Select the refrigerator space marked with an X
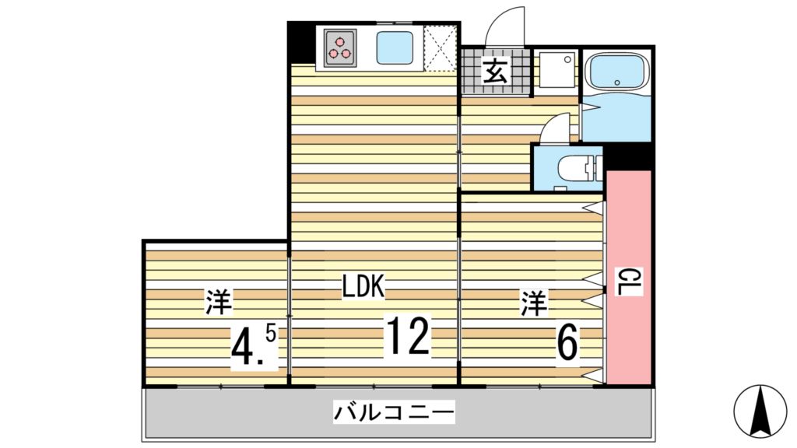click(440, 48)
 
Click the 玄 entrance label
click(495, 72)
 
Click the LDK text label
click(363, 287)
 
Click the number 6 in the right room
click(567, 342)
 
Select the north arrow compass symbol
click(760, 410)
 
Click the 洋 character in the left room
click(220, 303)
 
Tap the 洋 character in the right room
click(534, 303)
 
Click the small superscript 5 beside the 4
click(270, 333)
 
